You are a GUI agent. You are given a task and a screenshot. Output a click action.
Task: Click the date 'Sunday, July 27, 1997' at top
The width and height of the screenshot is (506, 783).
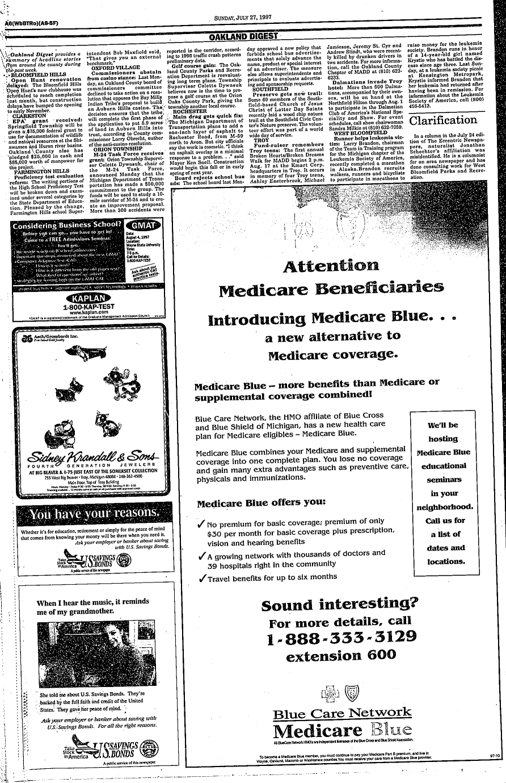251,18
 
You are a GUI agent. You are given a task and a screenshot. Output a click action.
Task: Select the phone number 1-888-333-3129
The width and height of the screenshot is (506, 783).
339,638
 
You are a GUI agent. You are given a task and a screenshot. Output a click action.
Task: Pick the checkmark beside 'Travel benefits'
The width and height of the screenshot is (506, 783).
203,579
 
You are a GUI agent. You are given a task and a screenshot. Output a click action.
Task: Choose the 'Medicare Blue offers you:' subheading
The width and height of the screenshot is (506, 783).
261,503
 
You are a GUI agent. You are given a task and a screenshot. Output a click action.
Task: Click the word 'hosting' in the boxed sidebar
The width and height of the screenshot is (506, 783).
443,439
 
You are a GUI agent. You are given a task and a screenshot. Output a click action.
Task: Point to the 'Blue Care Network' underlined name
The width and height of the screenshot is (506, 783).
342,714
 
